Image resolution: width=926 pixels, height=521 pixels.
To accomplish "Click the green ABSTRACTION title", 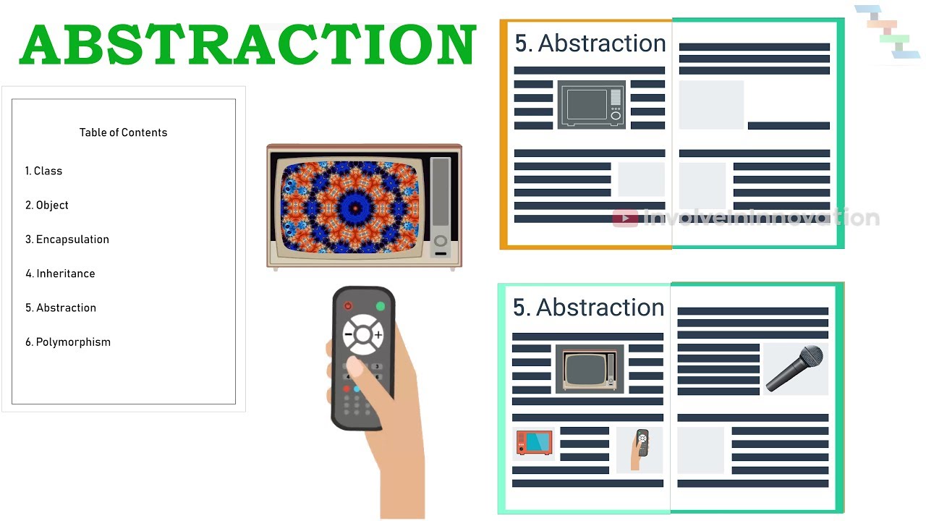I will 247,45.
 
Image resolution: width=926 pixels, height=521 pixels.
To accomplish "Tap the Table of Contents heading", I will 123,132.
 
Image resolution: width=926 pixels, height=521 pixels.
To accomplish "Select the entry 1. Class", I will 43,171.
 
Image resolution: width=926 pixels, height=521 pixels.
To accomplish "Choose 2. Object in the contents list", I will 47,205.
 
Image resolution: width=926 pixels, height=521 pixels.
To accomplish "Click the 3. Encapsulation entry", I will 67,240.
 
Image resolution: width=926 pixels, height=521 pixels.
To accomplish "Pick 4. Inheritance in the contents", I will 60,274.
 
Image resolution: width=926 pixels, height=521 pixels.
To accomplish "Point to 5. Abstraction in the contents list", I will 61,308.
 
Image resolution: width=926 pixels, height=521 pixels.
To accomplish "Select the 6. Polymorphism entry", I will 68,342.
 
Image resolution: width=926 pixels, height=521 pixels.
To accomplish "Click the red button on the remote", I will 348,306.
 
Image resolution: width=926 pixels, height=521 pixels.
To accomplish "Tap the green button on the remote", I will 381,306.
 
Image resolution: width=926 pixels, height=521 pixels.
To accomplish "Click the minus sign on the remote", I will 348,335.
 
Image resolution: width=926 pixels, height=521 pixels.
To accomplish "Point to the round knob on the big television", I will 440,241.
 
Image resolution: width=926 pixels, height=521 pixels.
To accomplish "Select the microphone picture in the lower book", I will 795,368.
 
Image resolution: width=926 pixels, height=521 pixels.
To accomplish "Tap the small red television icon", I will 534,443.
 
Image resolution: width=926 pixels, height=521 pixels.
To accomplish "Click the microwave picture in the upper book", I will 592,104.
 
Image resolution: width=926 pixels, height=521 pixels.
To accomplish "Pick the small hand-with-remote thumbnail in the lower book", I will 640,449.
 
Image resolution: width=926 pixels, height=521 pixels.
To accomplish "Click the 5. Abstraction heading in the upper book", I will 590,43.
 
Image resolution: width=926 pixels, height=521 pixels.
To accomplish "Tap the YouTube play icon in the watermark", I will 625,218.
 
